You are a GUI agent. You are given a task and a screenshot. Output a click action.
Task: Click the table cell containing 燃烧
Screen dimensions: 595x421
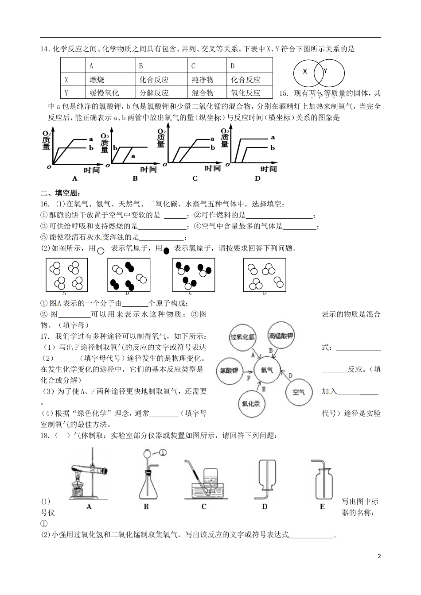[x=97, y=80]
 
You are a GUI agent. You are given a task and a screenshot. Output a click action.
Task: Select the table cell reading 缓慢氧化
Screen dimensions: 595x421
[x=104, y=93]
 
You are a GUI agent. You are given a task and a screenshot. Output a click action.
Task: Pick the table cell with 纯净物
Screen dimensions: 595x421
[x=202, y=80]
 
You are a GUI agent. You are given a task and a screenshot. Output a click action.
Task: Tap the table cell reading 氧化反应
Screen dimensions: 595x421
[x=246, y=93]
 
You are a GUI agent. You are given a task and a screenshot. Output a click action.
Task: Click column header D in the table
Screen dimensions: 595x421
[x=233, y=66]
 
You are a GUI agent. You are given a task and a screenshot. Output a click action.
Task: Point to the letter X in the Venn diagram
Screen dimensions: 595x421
[x=305, y=71]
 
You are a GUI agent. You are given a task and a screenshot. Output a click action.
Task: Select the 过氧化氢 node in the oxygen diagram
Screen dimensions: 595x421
[x=242, y=337]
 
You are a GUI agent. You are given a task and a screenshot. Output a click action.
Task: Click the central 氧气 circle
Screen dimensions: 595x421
[x=267, y=370]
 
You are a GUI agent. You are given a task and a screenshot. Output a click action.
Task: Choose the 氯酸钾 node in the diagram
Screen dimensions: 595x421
[x=229, y=370]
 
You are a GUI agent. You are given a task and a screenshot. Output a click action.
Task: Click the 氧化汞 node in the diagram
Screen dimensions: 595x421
[x=251, y=404]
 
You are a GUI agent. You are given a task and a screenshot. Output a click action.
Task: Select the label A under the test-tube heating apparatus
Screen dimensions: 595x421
[x=89, y=506]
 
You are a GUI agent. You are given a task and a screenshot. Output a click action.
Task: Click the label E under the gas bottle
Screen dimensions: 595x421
[x=322, y=506]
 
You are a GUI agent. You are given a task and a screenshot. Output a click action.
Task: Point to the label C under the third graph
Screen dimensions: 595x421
[x=195, y=178]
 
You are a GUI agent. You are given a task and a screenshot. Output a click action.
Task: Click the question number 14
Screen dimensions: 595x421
[x=44, y=50]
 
